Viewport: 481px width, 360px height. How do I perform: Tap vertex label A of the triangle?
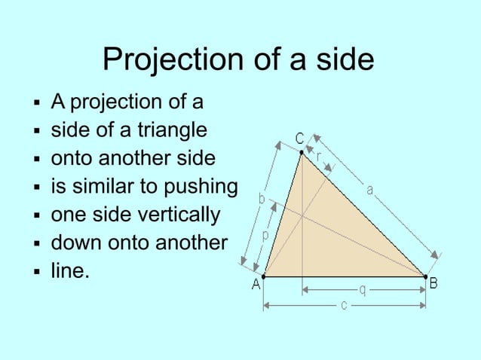[256, 285]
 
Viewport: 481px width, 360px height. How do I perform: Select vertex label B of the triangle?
[434, 284]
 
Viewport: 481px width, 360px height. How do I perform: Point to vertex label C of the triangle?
[299, 139]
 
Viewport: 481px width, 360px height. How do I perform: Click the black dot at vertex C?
[302, 153]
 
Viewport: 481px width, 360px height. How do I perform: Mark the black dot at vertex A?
[264, 276]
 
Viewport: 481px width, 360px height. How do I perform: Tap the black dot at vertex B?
[424, 276]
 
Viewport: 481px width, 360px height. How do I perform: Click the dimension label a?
[370, 190]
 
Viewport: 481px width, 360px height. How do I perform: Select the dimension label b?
[262, 200]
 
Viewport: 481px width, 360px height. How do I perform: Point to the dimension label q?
[363, 288]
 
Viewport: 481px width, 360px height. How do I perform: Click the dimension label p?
[265, 236]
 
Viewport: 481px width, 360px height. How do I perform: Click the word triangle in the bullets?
[171, 130]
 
